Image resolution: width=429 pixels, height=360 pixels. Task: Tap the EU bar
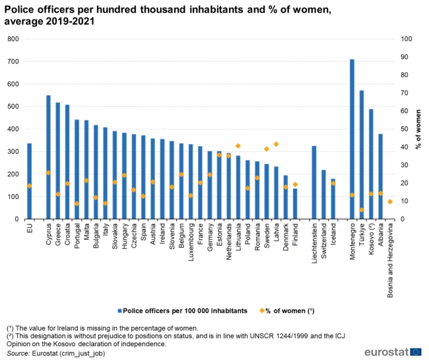(x=29, y=181)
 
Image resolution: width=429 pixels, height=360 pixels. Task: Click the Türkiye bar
(x=362, y=155)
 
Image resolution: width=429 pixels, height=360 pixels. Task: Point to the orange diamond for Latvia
(x=276, y=144)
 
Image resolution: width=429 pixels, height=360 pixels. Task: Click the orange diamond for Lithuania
(x=238, y=146)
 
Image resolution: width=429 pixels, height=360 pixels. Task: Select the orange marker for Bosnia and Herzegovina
(x=390, y=201)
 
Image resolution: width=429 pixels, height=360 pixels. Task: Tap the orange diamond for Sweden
(x=267, y=149)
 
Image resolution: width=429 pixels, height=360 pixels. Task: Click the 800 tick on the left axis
(x=12, y=39)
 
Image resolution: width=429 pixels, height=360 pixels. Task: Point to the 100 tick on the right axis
(x=407, y=39)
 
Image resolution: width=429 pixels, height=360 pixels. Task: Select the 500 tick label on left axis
(x=12, y=106)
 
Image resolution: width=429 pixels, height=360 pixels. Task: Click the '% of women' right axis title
(x=418, y=129)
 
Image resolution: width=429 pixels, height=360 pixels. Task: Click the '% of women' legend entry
(x=287, y=310)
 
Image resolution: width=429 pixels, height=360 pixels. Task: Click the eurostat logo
(x=396, y=351)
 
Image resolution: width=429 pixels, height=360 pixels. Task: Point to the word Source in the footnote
(x=17, y=354)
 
